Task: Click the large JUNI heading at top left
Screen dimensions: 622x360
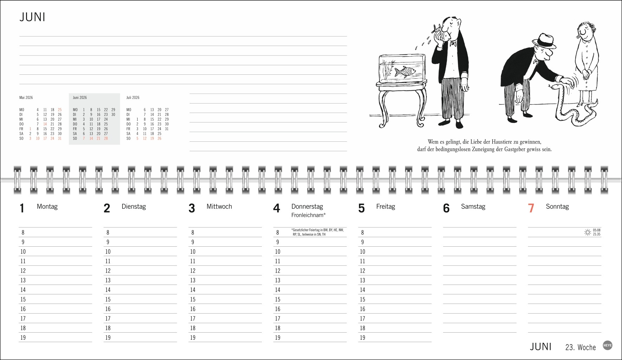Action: coord(32,17)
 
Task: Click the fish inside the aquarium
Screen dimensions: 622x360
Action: coord(405,72)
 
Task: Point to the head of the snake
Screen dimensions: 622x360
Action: coord(551,86)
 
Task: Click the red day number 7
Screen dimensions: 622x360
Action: coord(531,208)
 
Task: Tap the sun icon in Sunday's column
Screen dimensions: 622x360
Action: coord(588,232)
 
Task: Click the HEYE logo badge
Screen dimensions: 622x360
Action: coord(608,345)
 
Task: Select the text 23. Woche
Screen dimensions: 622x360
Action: coord(581,347)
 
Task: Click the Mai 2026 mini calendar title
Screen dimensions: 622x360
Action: coord(26,98)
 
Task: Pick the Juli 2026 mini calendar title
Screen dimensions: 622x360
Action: coord(133,98)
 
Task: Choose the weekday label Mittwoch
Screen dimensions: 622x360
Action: coord(219,207)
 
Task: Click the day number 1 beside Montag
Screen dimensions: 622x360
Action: coord(22,208)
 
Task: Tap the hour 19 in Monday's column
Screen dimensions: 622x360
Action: coord(23,338)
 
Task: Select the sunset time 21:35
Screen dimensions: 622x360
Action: coord(597,234)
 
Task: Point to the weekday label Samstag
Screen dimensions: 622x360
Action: coord(473,207)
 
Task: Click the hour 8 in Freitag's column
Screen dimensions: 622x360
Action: coord(363,232)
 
